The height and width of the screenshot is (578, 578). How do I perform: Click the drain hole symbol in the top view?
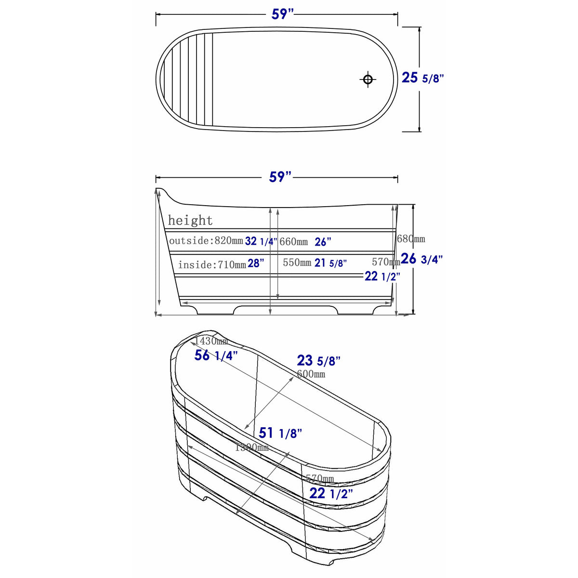pos(368,79)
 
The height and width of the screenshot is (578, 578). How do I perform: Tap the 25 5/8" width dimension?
pos(422,78)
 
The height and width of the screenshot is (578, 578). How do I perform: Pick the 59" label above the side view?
pos(280,177)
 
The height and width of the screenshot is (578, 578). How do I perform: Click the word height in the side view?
pos(190,221)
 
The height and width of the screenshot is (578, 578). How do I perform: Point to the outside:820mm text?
pos(206,241)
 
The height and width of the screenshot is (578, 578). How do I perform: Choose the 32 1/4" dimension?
pos(261,241)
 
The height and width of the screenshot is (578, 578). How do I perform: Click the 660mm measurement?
pos(293,242)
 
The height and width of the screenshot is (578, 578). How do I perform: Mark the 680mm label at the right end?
pos(411,239)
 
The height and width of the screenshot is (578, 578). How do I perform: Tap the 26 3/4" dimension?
pos(422,259)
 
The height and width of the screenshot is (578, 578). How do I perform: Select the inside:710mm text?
pos(212,264)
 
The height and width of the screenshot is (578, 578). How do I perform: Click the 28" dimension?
pos(256,263)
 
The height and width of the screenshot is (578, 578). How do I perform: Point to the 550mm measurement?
pos(297,263)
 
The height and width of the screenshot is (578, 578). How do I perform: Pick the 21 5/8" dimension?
pos(330,263)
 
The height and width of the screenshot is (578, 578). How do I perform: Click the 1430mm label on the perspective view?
pos(211,341)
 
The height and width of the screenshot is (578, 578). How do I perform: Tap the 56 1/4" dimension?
pos(216,355)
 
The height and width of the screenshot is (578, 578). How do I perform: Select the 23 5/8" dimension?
pos(318,360)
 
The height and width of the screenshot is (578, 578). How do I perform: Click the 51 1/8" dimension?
pos(280,433)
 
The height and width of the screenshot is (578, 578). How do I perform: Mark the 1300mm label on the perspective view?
pos(251,447)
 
